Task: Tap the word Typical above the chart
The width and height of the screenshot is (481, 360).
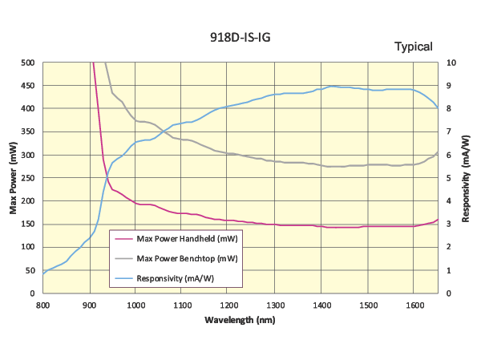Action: pyautogui.click(x=413, y=47)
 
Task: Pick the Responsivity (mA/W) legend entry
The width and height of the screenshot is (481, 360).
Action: pyautogui.click(x=176, y=278)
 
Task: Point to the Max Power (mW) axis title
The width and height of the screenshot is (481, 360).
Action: pyautogui.click(x=14, y=178)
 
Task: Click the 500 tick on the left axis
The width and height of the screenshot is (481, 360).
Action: pyautogui.click(x=28, y=63)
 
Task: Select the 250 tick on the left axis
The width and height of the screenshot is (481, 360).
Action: pyautogui.click(x=28, y=178)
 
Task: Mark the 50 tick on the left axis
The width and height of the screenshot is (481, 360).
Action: pyautogui.click(x=30, y=270)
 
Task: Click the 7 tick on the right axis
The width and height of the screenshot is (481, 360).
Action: pyautogui.click(x=450, y=131)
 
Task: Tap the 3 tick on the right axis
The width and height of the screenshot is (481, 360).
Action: pyautogui.click(x=450, y=224)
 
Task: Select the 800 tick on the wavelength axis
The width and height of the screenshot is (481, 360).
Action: pyautogui.click(x=42, y=305)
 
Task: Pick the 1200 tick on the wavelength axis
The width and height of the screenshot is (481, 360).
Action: pyautogui.click(x=228, y=305)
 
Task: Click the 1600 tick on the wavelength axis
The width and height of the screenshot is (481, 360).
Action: pyautogui.click(x=414, y=305)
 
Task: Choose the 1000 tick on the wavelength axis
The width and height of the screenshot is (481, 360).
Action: pyautogui.click(x=135, y=305)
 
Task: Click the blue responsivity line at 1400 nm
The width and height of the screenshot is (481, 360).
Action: pyautogui.click(x=321, y=88)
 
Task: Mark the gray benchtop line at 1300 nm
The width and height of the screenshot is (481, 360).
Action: pyautogui.click(x=275, y=161)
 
